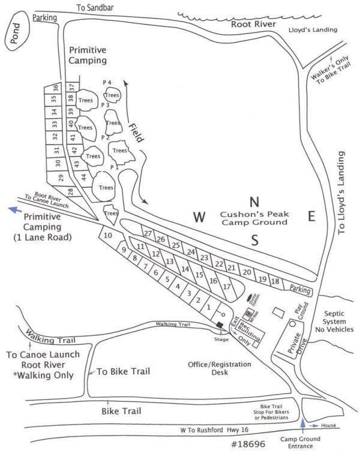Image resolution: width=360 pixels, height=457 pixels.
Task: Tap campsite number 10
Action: click(x=108, y=236)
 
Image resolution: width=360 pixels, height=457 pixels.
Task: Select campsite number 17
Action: click(x=226, y=287)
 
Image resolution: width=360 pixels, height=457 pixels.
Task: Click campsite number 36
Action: click(x=55, y=88)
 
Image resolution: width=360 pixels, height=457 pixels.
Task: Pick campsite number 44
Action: click(x=85, y=176)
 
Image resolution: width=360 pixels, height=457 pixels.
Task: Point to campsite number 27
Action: click(x=147, y=233)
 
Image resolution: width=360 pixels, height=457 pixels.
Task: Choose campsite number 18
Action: click(x=275, y=282)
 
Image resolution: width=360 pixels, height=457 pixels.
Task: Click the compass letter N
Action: click(x=254, y=201)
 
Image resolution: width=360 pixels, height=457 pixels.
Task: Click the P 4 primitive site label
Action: click(x=107, y=82)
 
